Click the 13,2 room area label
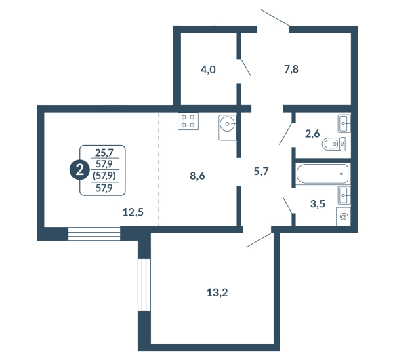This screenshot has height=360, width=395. pyautogui.click(x=217, y=293)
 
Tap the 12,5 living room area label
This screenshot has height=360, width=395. pyautogui.click(x=133, y=212)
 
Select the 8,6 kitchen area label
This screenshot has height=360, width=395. pyautogui.click(x=197, y=176)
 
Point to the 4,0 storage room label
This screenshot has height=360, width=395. pyautogui.click(x=208, y=69)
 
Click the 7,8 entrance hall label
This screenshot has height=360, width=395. pyautogui.click(x=291, y=69)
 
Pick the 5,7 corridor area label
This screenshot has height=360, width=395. pyautogui.click(x=262, y=172)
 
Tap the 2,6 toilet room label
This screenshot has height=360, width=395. pyautogui.click(x=312, y=134)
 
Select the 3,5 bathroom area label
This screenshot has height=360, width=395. pyautogui.click(x=318, y=203)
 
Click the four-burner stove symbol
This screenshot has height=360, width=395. pyautogui.click(x=188, y=121)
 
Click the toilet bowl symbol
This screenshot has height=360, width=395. pyautogui.click(x=334, y=144)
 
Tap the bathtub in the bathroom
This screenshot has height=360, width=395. pyautogui.click(x=323, y=174)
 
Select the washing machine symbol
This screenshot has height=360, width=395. pyautogui.click(x=344, y=216)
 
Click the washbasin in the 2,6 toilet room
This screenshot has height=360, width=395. pyautogui.click(x=344, y=123)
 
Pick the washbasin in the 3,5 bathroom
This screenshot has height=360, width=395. pyautogui.click(x=344, y=195)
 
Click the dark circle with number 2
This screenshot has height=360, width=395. pyautogui.click(x=79, y=170)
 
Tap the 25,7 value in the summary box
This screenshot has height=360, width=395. pyautogui.click(x=104, y=153)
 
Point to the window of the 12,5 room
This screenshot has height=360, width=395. pyautogui.click(x=94, y=234)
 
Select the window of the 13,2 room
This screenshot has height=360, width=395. pyautogui.click(x=144, y=285)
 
